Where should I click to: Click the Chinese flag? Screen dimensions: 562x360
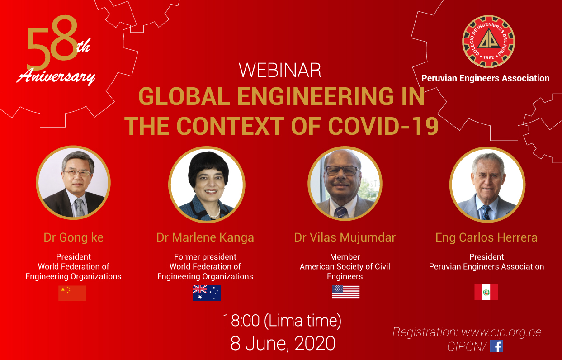(72, 293)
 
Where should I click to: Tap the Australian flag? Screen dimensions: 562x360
(207, 293)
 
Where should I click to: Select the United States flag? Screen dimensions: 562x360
(346, 292)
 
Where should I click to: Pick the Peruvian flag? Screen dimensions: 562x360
(486, 292)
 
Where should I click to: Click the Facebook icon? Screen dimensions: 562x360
(496, 346)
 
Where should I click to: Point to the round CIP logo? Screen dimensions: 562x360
(488, 42)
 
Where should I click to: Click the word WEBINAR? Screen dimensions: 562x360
(280, 70)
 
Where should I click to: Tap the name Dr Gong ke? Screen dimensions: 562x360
(74, 237)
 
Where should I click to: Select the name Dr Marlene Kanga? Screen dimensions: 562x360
(205, 237)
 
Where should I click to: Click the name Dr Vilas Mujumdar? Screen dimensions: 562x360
(345, 237)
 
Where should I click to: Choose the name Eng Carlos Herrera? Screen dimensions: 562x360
(486, 237)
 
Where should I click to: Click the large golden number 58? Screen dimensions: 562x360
(52, 42)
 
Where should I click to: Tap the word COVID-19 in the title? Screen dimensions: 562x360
(383, 126)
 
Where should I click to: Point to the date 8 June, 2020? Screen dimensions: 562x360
(283, 343)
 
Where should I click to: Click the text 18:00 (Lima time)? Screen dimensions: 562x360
(282, 321)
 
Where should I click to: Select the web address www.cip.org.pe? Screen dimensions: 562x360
(501, 332)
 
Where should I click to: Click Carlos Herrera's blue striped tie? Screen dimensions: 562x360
(486, 213)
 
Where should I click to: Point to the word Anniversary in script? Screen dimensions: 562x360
(56, 76)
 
